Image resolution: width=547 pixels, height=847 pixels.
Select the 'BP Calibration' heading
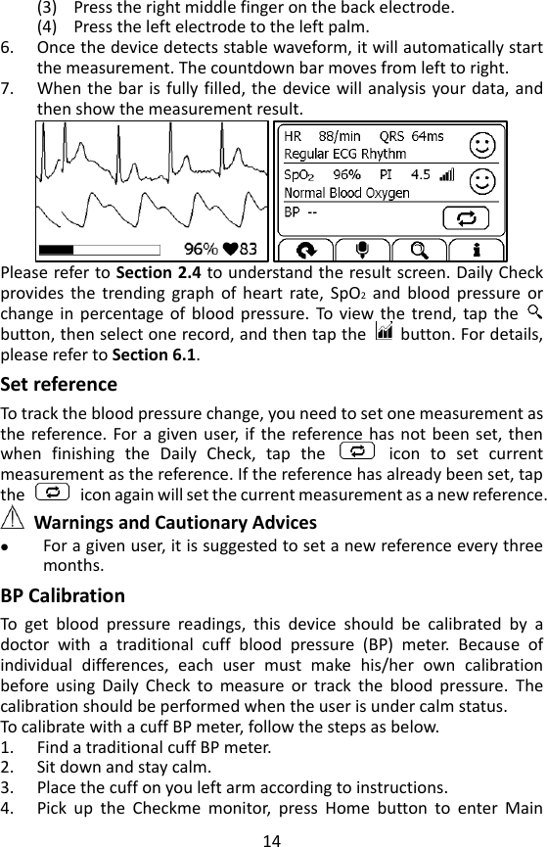[64, 595]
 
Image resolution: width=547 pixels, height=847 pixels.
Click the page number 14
[272, 838]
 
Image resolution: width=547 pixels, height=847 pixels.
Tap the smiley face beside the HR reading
[481, 145]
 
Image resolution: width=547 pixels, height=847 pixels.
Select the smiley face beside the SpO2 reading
[481, 181]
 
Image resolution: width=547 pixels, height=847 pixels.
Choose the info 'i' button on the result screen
[477, 249]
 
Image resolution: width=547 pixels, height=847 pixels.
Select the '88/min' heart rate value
[340, 136]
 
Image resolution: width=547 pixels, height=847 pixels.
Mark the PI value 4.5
[420, 174]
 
